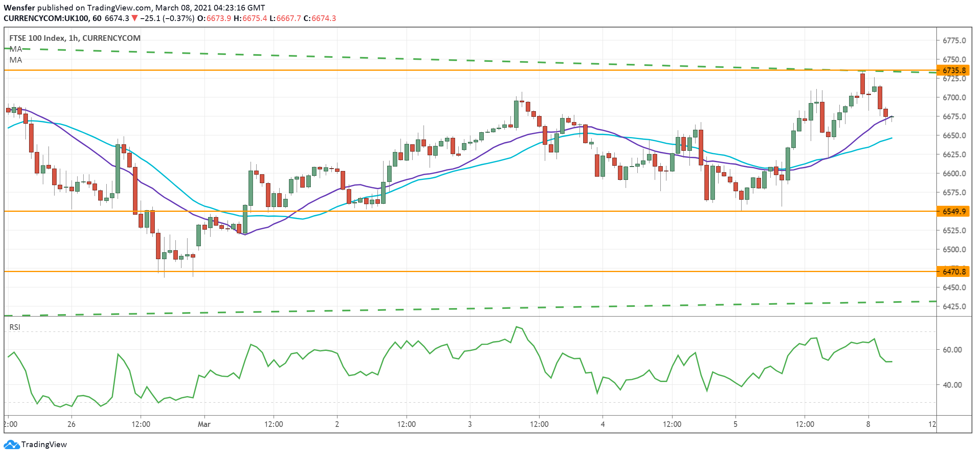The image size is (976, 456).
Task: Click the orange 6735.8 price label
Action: pyautogui.click(x=954, y=70)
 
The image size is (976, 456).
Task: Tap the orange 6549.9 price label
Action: pyautogui.click(x=954, y=211)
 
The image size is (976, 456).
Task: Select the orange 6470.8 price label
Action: pyautogui.click(x=954, y=272)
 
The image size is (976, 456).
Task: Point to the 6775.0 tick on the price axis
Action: pyautogui.click(x=954, y=40)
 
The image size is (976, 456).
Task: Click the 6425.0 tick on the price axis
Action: pyautogui.click(x=954, y=306)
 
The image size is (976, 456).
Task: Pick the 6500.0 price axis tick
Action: pyautogui.click(x=954, y=249)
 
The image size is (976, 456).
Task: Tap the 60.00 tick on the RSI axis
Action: pyautogui.click(x=952, y=350)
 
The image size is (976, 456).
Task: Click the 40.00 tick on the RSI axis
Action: pyautogui.click(x=952, y=385)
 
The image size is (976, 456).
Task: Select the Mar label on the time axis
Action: pyautogui.click(x=204, y=424)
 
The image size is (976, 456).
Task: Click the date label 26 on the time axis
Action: pyautogui.click(x=72, y=424)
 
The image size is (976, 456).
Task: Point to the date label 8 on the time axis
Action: pyautogui.click(x=868, y=424)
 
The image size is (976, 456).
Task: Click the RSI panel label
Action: pyautogui.click(x=15, y=327)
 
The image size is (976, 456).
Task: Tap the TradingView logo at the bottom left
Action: pyautogui.click(x=35, y=444)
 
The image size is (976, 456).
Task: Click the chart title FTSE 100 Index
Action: pyautogui.click(x=37, y=38)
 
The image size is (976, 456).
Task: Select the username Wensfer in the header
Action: pyautogui.click(x=19, y=8)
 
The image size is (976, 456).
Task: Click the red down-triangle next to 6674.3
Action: pyautogui.click(x=135, y=18)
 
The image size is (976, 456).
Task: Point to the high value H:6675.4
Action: pyautogui.click(x=250, y=18)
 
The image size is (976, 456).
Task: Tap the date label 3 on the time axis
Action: pyautogui.click(x=470, y=424)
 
